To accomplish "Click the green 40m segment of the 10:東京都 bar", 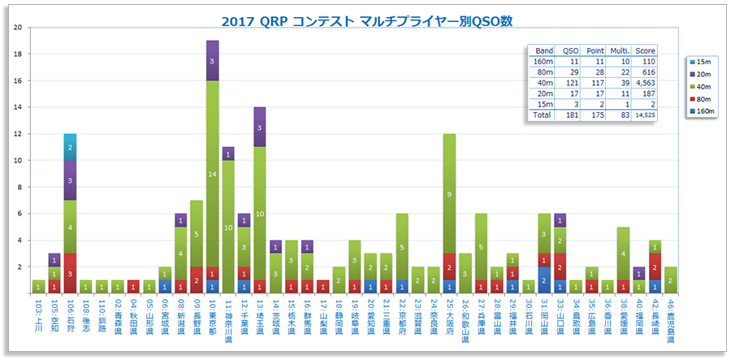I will pos(212,174).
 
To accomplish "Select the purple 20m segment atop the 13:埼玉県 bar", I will pos(260,127).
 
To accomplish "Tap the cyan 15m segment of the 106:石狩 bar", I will pos(70,147).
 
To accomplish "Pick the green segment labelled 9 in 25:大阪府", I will pos(449,193).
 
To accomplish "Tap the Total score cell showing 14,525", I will pos(645,115).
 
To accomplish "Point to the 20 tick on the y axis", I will pos(18,28).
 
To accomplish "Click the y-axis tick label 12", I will pos(18,134).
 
